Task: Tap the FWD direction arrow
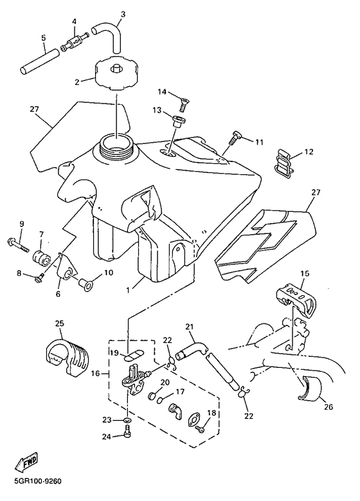[x=26, y=462]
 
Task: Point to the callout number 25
[x=59, y=323]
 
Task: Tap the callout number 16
[x=96, y=373]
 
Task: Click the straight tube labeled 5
[x=39, y=60]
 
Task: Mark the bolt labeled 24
[x=127, y=432]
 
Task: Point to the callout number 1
[x=128, y=290]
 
